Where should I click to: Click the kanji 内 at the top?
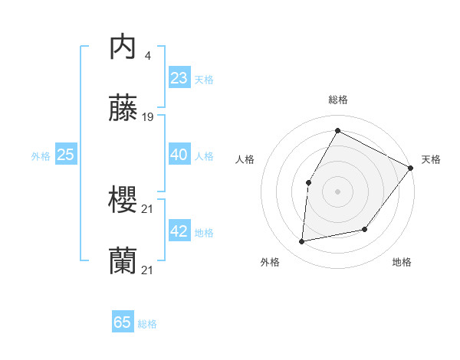pyautogui.click(x=123, y=47)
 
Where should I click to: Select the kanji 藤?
pyautogui.click(x=123, y=109)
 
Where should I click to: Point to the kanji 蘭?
pyautogui.click(x=123, y=261)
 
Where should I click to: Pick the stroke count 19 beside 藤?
pyautogui.click(x=148, y=117)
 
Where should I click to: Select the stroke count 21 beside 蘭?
pyautogui.click(x=148, y=270)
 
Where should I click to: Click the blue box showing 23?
pyautogui.click(x=179, y=78)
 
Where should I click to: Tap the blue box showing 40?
pyautogui.click(x=179, y=155)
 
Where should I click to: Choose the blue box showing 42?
pyautogui.click(x=179, y=231)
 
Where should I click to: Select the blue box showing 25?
pyautogui.click(x=65, y=155)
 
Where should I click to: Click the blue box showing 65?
pyautogui.click(x=123, y=322)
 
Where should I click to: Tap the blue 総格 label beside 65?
pyautogui.click(x=147, y=324)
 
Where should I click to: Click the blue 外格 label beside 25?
pyautogui.click(x=41, y=156)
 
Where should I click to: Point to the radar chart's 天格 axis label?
pyautogui.click(x=431, y=159)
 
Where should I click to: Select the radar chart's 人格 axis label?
pyautogui.click(x=245, y=159)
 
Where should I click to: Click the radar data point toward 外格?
pyautogui.click(x=302, y=242)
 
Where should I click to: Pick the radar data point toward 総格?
pyautogui.click(x=337, y=130)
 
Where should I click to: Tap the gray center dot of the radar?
pyautogui.click(x=337, y=191)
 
